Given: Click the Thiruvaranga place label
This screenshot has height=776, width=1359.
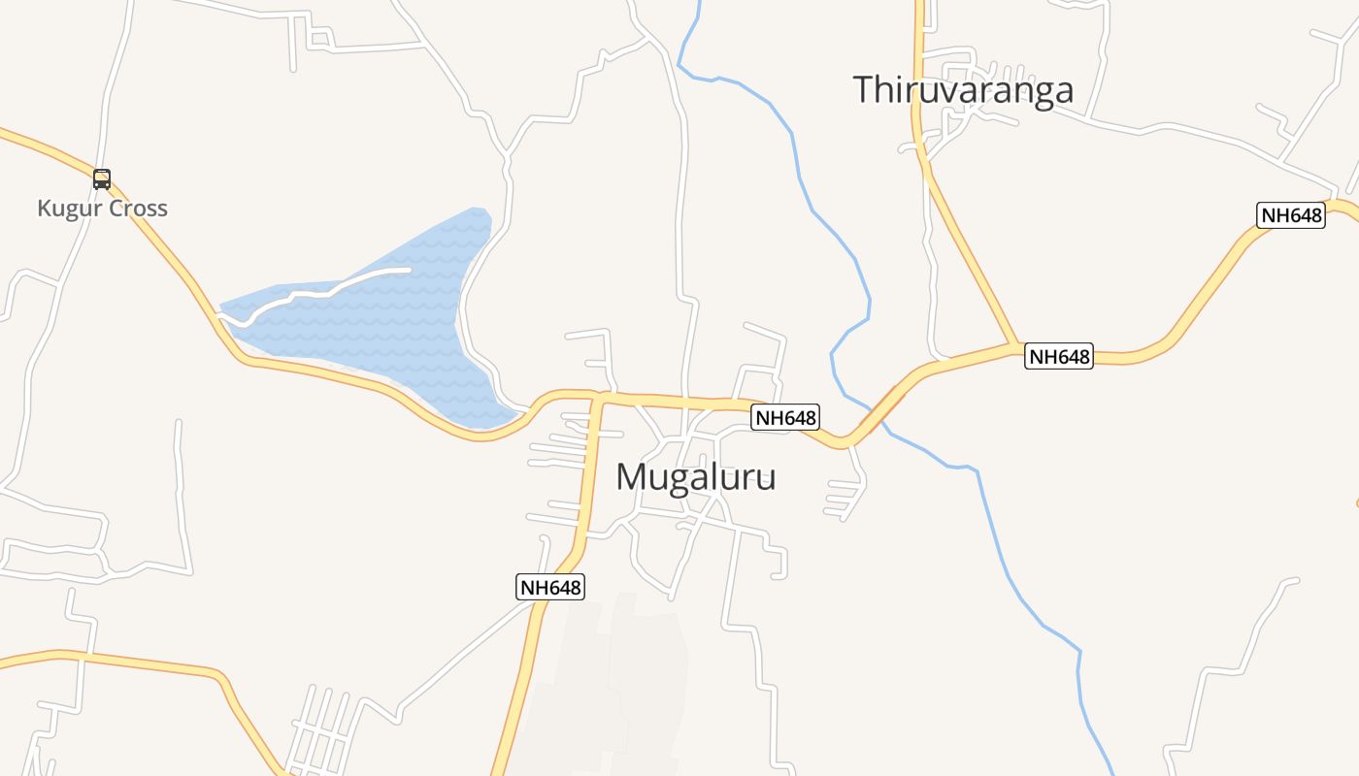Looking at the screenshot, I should coord(963,90).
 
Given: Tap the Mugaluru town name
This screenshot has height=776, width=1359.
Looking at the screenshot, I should coord(695,477).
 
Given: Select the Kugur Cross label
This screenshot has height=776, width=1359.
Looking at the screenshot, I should coord(102,209).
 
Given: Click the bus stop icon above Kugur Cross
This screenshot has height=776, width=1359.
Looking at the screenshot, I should coord(102,178).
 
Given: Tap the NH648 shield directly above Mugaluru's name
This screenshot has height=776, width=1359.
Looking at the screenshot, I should coord(785,418).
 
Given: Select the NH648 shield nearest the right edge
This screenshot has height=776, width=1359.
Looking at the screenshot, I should coord(1290,215).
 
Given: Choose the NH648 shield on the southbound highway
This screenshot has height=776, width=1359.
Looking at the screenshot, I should coord(549,587).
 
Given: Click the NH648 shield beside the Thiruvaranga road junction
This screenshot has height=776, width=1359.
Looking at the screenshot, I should coord(1059,357).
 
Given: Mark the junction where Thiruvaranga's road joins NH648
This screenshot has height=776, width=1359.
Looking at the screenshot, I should coord(1016,344).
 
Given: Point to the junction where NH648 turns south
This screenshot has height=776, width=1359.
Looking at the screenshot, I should coord(599,397).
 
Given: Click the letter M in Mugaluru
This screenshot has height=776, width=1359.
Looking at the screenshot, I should coord(631,477).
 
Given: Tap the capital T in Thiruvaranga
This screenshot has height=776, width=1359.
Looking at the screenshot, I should coord(863,90).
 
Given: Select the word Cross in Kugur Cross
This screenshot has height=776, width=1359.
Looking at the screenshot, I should coord(138,209).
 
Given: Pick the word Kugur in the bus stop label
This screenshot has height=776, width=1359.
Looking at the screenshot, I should coord(69,209).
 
